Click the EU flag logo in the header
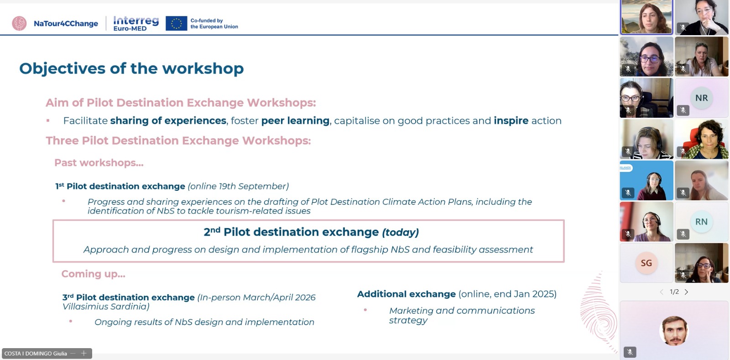(x=176, y=23)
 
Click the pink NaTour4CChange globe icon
(x=19, y=23)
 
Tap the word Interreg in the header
(x=136, y=21)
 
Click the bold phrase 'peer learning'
(x=295, y=121)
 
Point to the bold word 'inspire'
(x=511, y=121)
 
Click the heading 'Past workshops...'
(x=99, y=162)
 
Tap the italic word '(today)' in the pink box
(x=400, y=232)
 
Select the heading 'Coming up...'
(x=93, y=274)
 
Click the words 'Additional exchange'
(x=407, y=294)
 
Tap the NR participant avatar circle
(x=701, y=98)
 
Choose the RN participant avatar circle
(x=701, y=222)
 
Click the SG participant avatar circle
(x=646, y=263)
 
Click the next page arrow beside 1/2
(x=686, y=292)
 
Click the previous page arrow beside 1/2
(x=662, y=292)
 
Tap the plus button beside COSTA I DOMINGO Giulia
(x=84, y=353)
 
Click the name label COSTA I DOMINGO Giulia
(x=36, y=354)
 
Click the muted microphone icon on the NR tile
(x=683, y=110)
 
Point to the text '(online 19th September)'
(x=238, y=186)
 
